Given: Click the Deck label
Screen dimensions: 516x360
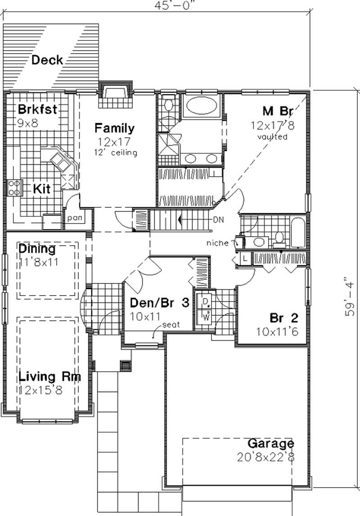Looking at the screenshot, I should (47, 60).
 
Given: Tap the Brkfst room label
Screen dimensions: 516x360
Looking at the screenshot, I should (37, 110).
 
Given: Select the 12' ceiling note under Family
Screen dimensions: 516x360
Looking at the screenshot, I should (114, 153).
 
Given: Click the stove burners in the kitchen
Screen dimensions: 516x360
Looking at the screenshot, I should (15, 187).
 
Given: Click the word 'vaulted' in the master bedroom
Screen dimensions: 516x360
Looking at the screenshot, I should (272, 137).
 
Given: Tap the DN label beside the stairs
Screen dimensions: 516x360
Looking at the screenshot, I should (219, 220).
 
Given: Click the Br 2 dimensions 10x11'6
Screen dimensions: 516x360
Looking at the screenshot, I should (278, 333).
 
